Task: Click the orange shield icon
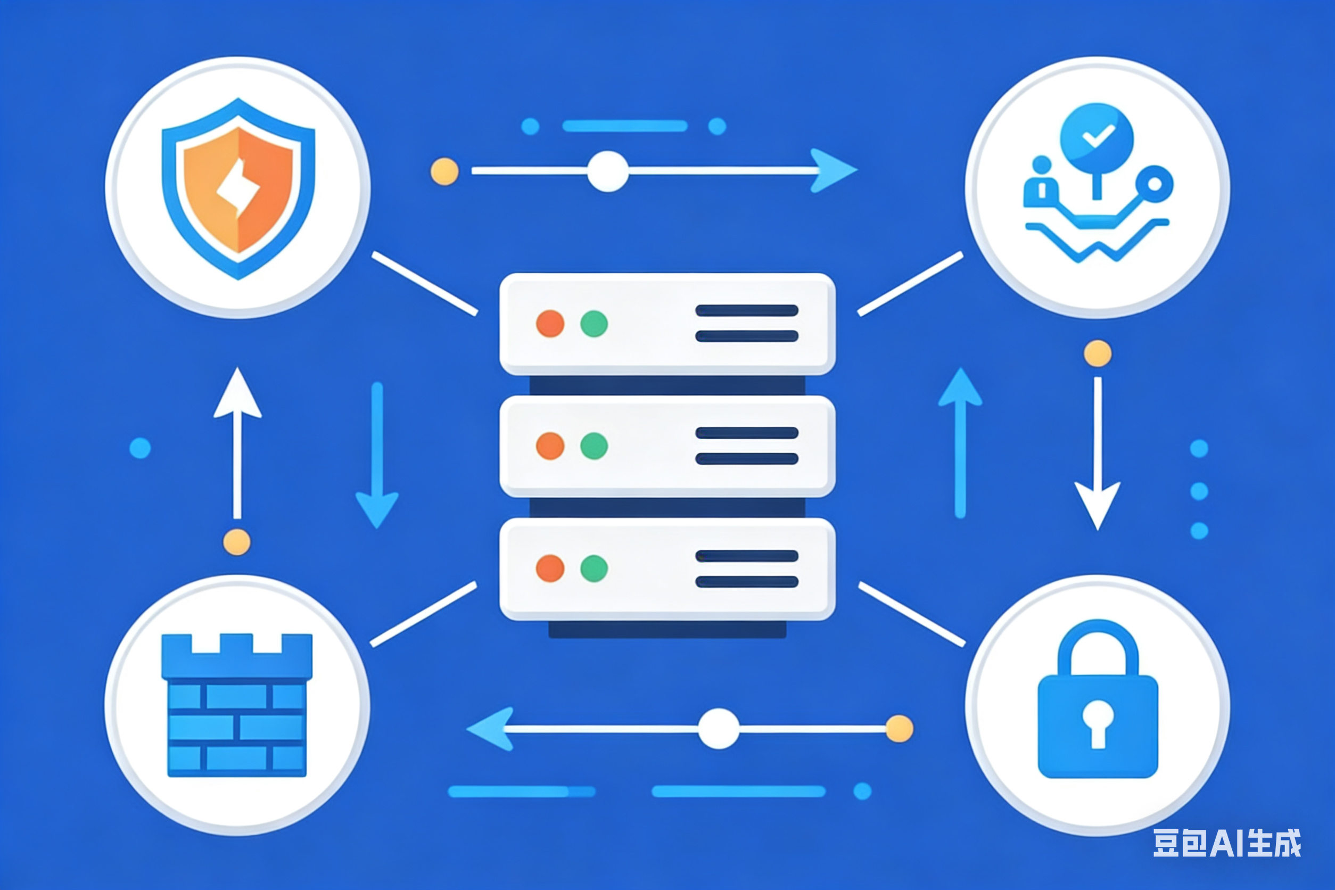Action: (x=238, y=188)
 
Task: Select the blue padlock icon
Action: (x=1098, y=699)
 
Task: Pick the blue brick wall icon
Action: (x=237, y=705)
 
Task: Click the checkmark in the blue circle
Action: (x=1098, y=135)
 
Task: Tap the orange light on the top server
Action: (x=550, y=324)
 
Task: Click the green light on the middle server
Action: (x=594, y=446)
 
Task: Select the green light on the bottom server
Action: (x=594, y=568)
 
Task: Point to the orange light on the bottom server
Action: (x=550, y=568)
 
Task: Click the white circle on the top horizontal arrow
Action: (x=608, y=171)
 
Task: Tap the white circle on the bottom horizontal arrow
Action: (x=719, y=729)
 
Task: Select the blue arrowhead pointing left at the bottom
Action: (x=490, y=729)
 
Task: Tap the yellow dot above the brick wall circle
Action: (x=237, y=542)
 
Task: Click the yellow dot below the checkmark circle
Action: (x=1098, y=353)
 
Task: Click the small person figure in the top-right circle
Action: (x=1041, y=180)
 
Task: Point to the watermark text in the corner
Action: (x=1226, y=843)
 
